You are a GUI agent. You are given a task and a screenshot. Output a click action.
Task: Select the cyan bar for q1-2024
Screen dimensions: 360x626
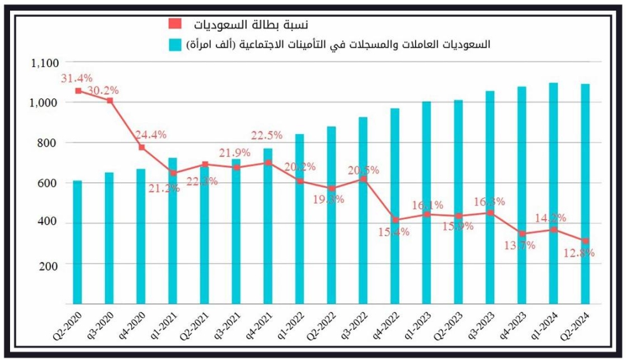tap(553, 193)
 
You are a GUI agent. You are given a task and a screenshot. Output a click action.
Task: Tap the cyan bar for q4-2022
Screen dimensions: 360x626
tap(394, 206)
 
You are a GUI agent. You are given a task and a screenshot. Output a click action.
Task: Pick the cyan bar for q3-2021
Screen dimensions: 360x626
tap(236, 232)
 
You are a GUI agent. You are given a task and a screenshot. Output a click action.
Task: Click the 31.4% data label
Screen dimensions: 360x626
tap(76, 78)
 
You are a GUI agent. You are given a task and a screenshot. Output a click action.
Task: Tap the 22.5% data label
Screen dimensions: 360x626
tap(266, 135)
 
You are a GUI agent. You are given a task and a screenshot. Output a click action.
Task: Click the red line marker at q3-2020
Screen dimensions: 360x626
tap(110, 100)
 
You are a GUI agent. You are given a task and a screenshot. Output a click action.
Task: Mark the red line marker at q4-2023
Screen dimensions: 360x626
tap(522, 234)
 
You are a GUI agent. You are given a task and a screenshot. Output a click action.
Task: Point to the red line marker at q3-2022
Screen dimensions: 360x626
tap(363, 180)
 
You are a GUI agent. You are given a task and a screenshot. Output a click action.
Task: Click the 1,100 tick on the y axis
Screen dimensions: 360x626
tap(43, 63)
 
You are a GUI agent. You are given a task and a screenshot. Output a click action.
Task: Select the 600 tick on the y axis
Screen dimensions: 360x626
tap(48, 183)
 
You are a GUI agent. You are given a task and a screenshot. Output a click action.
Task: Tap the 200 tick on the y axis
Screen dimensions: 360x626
tap(48, 265)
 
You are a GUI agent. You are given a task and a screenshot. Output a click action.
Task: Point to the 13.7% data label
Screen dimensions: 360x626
tap(520, 245)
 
